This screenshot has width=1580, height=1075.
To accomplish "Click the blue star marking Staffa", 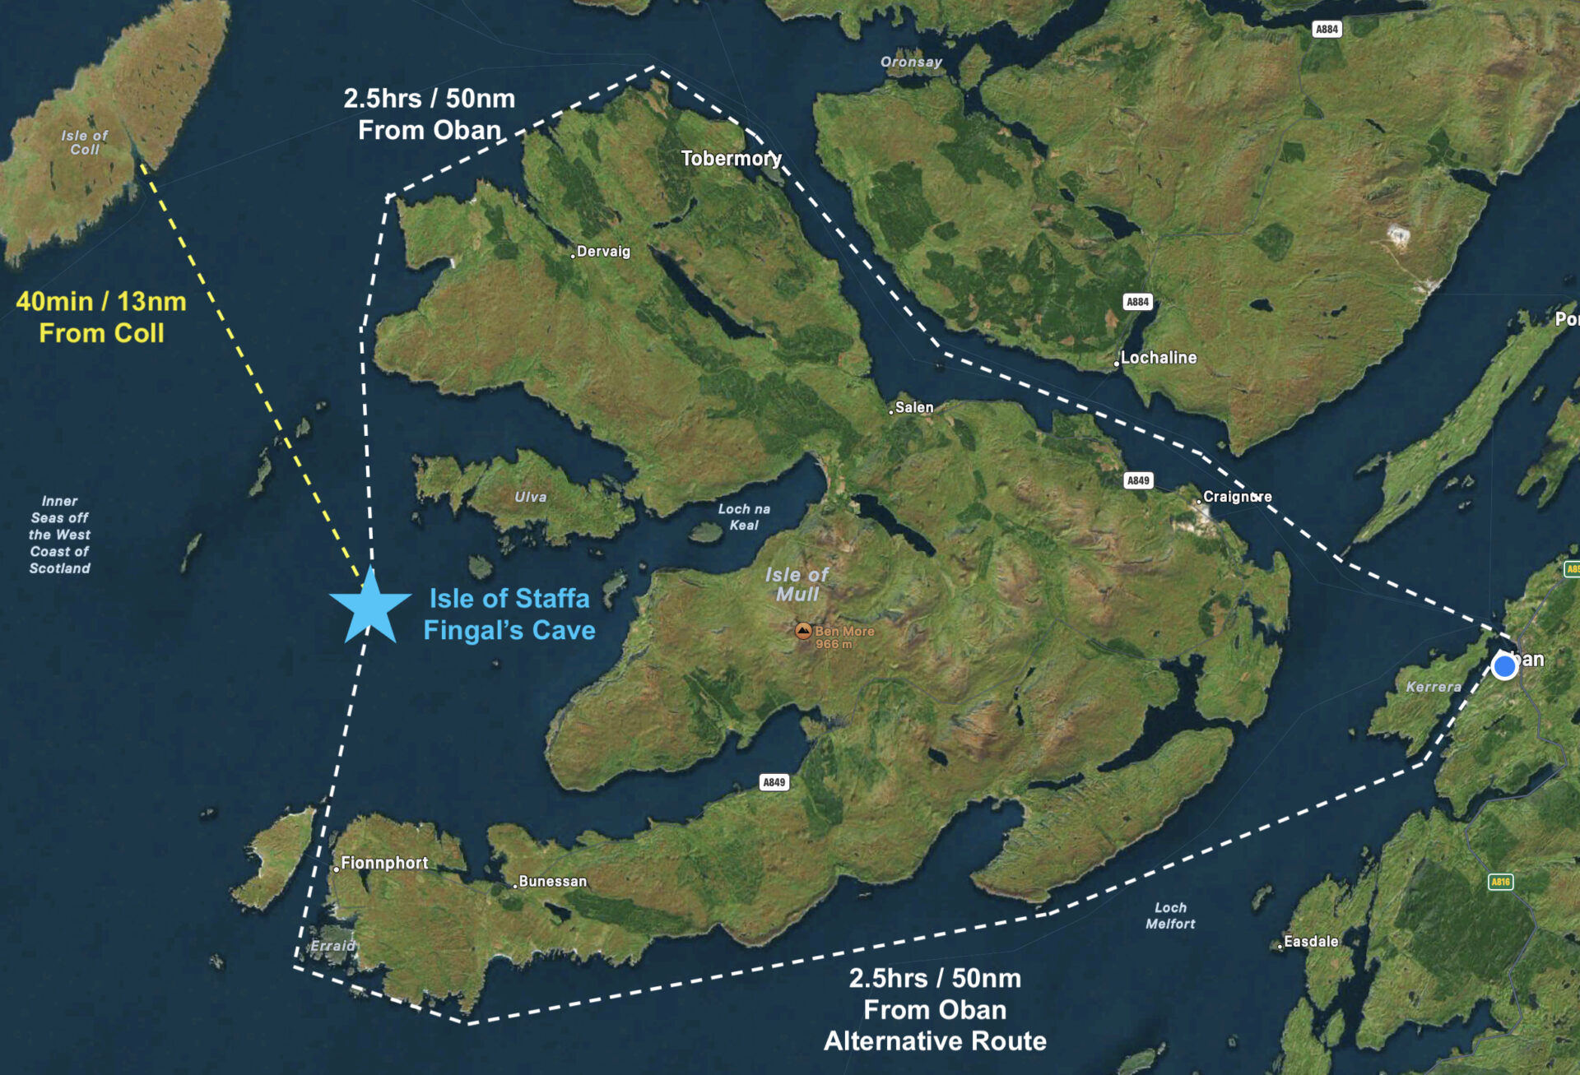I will click(369, 607).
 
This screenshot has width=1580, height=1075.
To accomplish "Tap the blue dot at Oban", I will click(1504, 666).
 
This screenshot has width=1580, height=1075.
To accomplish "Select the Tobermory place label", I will click(731, 158).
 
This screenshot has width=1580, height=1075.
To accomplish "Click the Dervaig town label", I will click(603, 252).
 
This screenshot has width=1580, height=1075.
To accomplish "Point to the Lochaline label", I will click(1158, 358).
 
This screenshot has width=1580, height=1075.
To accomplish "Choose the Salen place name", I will click(913, 407).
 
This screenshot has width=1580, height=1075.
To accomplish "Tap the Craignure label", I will click(1237, 497).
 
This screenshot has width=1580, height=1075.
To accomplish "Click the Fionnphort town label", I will click(384, 863).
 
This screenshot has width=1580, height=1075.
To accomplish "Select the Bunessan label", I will click(552, 882).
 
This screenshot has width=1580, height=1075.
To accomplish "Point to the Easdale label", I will click(1311, 942).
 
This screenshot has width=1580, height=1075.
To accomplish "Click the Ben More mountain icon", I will click(803, 631).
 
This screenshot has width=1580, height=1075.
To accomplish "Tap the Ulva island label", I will click(531, 497).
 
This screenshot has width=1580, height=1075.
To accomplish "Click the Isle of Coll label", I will click(85, 142).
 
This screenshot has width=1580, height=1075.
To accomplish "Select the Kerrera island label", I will click(1434, 687).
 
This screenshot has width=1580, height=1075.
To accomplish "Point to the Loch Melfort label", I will click(1170, 915).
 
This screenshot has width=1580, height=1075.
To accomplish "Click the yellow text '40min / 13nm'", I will click(101, 302).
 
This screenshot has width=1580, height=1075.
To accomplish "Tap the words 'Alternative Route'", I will click(935, 1041).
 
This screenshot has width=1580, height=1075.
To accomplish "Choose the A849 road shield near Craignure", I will click(1138, 480).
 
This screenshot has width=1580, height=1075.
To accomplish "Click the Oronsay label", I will click(911, 62).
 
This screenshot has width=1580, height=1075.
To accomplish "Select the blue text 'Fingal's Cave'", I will click(509, 631).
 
